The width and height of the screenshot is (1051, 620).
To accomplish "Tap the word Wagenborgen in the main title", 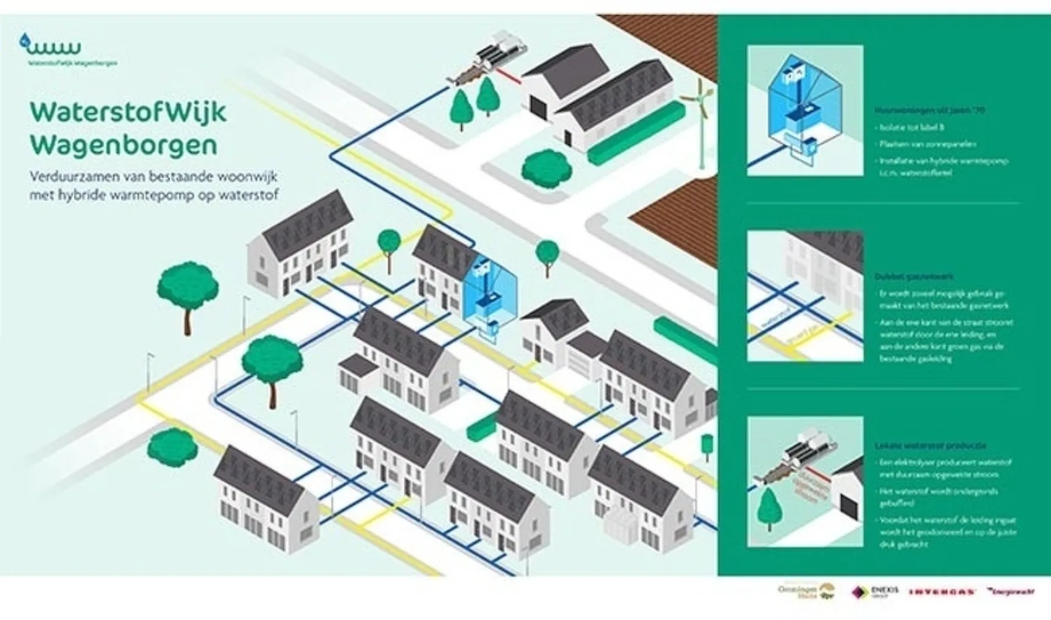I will coord(123,145).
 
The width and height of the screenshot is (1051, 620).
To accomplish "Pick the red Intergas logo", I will coord(942,592).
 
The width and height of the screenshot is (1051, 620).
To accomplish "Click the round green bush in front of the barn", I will coord(539,165).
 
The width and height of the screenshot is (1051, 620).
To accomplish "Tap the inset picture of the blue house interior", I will coord(805,110).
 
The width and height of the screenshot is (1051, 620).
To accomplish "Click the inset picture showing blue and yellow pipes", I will coord(805,296).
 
